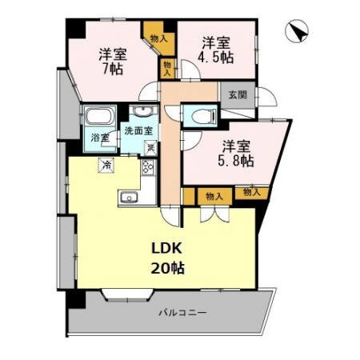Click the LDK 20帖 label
click(x=167, y=258)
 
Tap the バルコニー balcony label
click(x=182, y=312)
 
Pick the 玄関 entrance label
click(x=238, y=95)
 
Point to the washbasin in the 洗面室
click(x=144, y=111)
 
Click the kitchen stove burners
click(x=147, y=167)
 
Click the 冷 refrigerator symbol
click(x=105, y=165)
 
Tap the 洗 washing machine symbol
click(x=150, y=146)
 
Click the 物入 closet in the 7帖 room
click(x=157, y=37)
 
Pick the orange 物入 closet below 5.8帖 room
click(x=213, y=194)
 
